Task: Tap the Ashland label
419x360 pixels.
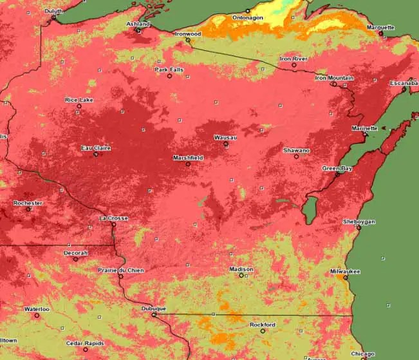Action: [137, 24]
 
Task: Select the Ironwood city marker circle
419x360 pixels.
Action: [188, 40]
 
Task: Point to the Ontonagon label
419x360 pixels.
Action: [248, 17]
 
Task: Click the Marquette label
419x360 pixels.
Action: [380, 27]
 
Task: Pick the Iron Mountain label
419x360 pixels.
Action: [334, 78]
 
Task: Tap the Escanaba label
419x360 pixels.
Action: [404, 83]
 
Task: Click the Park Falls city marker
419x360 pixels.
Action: [170, 76]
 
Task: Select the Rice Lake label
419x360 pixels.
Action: [79, 100]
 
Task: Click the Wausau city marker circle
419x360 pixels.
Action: [226, 144]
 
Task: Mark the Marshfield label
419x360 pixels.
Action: [188, 158]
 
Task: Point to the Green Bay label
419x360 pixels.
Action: [337, 168]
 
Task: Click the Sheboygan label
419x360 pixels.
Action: [358, 222]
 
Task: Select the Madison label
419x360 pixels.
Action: [241, 269]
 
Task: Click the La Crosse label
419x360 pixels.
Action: [113, 218]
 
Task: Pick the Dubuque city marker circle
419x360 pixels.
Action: [154, 315]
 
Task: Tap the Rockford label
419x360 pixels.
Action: [263, 325]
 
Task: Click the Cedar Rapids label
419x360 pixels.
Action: [84, 343]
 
